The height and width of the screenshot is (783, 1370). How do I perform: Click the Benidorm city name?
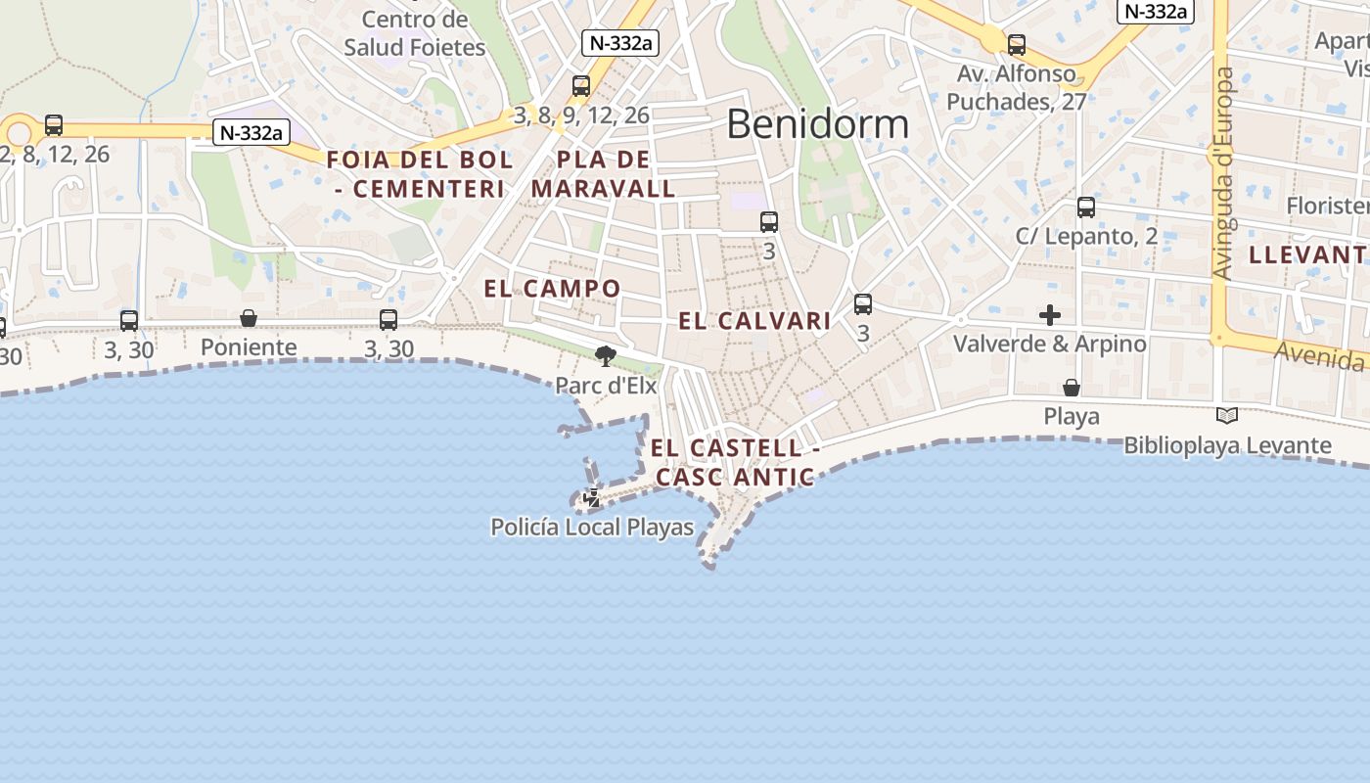pyautogui.click(x=817, y=124)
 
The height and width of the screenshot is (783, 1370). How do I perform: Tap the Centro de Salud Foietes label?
pyautogui.click(x=415, y=33)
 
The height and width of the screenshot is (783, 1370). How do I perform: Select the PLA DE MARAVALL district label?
pyautogui.click(x=604, y=174)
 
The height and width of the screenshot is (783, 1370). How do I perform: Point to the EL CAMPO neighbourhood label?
pyautogui.click(x=552, y=288)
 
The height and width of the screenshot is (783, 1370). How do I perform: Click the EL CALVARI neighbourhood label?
pyautogui.click(x=754, y=320)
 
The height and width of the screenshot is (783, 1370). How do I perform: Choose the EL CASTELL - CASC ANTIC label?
pyautogui.click(x=735, y=463)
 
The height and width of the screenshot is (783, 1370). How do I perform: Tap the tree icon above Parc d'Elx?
pyautogui.click(x=606, y=356)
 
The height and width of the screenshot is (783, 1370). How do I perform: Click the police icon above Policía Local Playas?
pyautogui.click(x=592, y=499)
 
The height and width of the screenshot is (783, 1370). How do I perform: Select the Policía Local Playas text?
pyautogui.click(x=592, y=528)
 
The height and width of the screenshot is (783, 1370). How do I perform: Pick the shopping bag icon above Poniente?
pyautogui.click(x=249, y=318)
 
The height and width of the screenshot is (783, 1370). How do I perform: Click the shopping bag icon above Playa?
pyautogui.click(x=1072, y=388)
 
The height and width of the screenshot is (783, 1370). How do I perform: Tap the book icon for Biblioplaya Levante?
pyautogui.click(x=1227, y=416)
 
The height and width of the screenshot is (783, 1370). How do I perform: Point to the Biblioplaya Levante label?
pyautogui.click(x=1227, y=445)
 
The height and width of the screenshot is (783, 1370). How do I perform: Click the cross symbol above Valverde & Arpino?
pyautogui.click(x=1050, y=315)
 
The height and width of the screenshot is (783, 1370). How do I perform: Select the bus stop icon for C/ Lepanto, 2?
pyautogui.click(x=1086, y=207)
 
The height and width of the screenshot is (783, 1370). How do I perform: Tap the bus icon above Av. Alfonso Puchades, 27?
pyautogui.click(x=1017, y=44)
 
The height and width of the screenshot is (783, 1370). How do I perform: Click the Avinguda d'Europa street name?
pyautogui.click(x=1223, y=173)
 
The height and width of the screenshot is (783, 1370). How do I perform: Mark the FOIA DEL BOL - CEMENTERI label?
pyautogui.click(x=419, y=174)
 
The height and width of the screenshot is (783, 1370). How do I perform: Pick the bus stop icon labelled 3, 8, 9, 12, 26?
pyautogui.click(x=581, y=86)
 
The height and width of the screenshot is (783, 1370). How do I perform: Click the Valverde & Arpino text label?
pyautogui.click(x=1050, y=345)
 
